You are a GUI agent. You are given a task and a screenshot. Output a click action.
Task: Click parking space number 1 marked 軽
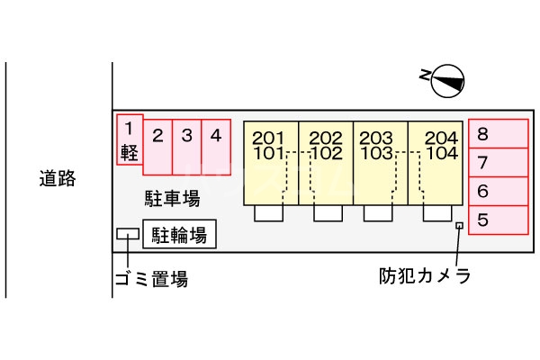[130, 139]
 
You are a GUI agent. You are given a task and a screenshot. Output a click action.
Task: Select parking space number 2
[157, 148]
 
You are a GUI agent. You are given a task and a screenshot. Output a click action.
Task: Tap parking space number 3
[186, 148]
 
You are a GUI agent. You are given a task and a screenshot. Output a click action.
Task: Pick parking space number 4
[216, 148]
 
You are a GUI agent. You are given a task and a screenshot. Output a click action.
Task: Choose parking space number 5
[499, 220]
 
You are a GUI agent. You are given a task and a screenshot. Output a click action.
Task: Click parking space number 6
[499, 192]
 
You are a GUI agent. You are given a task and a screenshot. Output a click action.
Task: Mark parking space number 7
[499, 163]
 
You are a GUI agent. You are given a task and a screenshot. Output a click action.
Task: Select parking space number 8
[499, 134]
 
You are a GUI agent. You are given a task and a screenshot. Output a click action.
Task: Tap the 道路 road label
[58, 178]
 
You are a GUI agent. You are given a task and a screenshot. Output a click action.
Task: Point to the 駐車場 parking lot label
[172, 199]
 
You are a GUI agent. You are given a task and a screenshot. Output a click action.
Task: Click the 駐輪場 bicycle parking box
[179, 234]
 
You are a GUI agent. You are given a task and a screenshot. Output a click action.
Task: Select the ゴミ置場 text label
[151, 279]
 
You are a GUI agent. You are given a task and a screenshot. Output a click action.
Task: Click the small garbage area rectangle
[128, 234]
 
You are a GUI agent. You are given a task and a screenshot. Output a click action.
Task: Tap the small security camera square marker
[459, 226]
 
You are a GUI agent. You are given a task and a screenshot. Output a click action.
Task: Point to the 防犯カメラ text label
[425, 276]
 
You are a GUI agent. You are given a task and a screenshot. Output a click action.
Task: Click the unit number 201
[268, 138]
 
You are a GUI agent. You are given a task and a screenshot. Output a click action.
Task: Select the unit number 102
[327, 153]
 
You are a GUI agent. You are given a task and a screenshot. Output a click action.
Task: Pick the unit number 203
[376, 138]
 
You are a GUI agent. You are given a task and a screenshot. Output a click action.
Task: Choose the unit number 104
[442, 153]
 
